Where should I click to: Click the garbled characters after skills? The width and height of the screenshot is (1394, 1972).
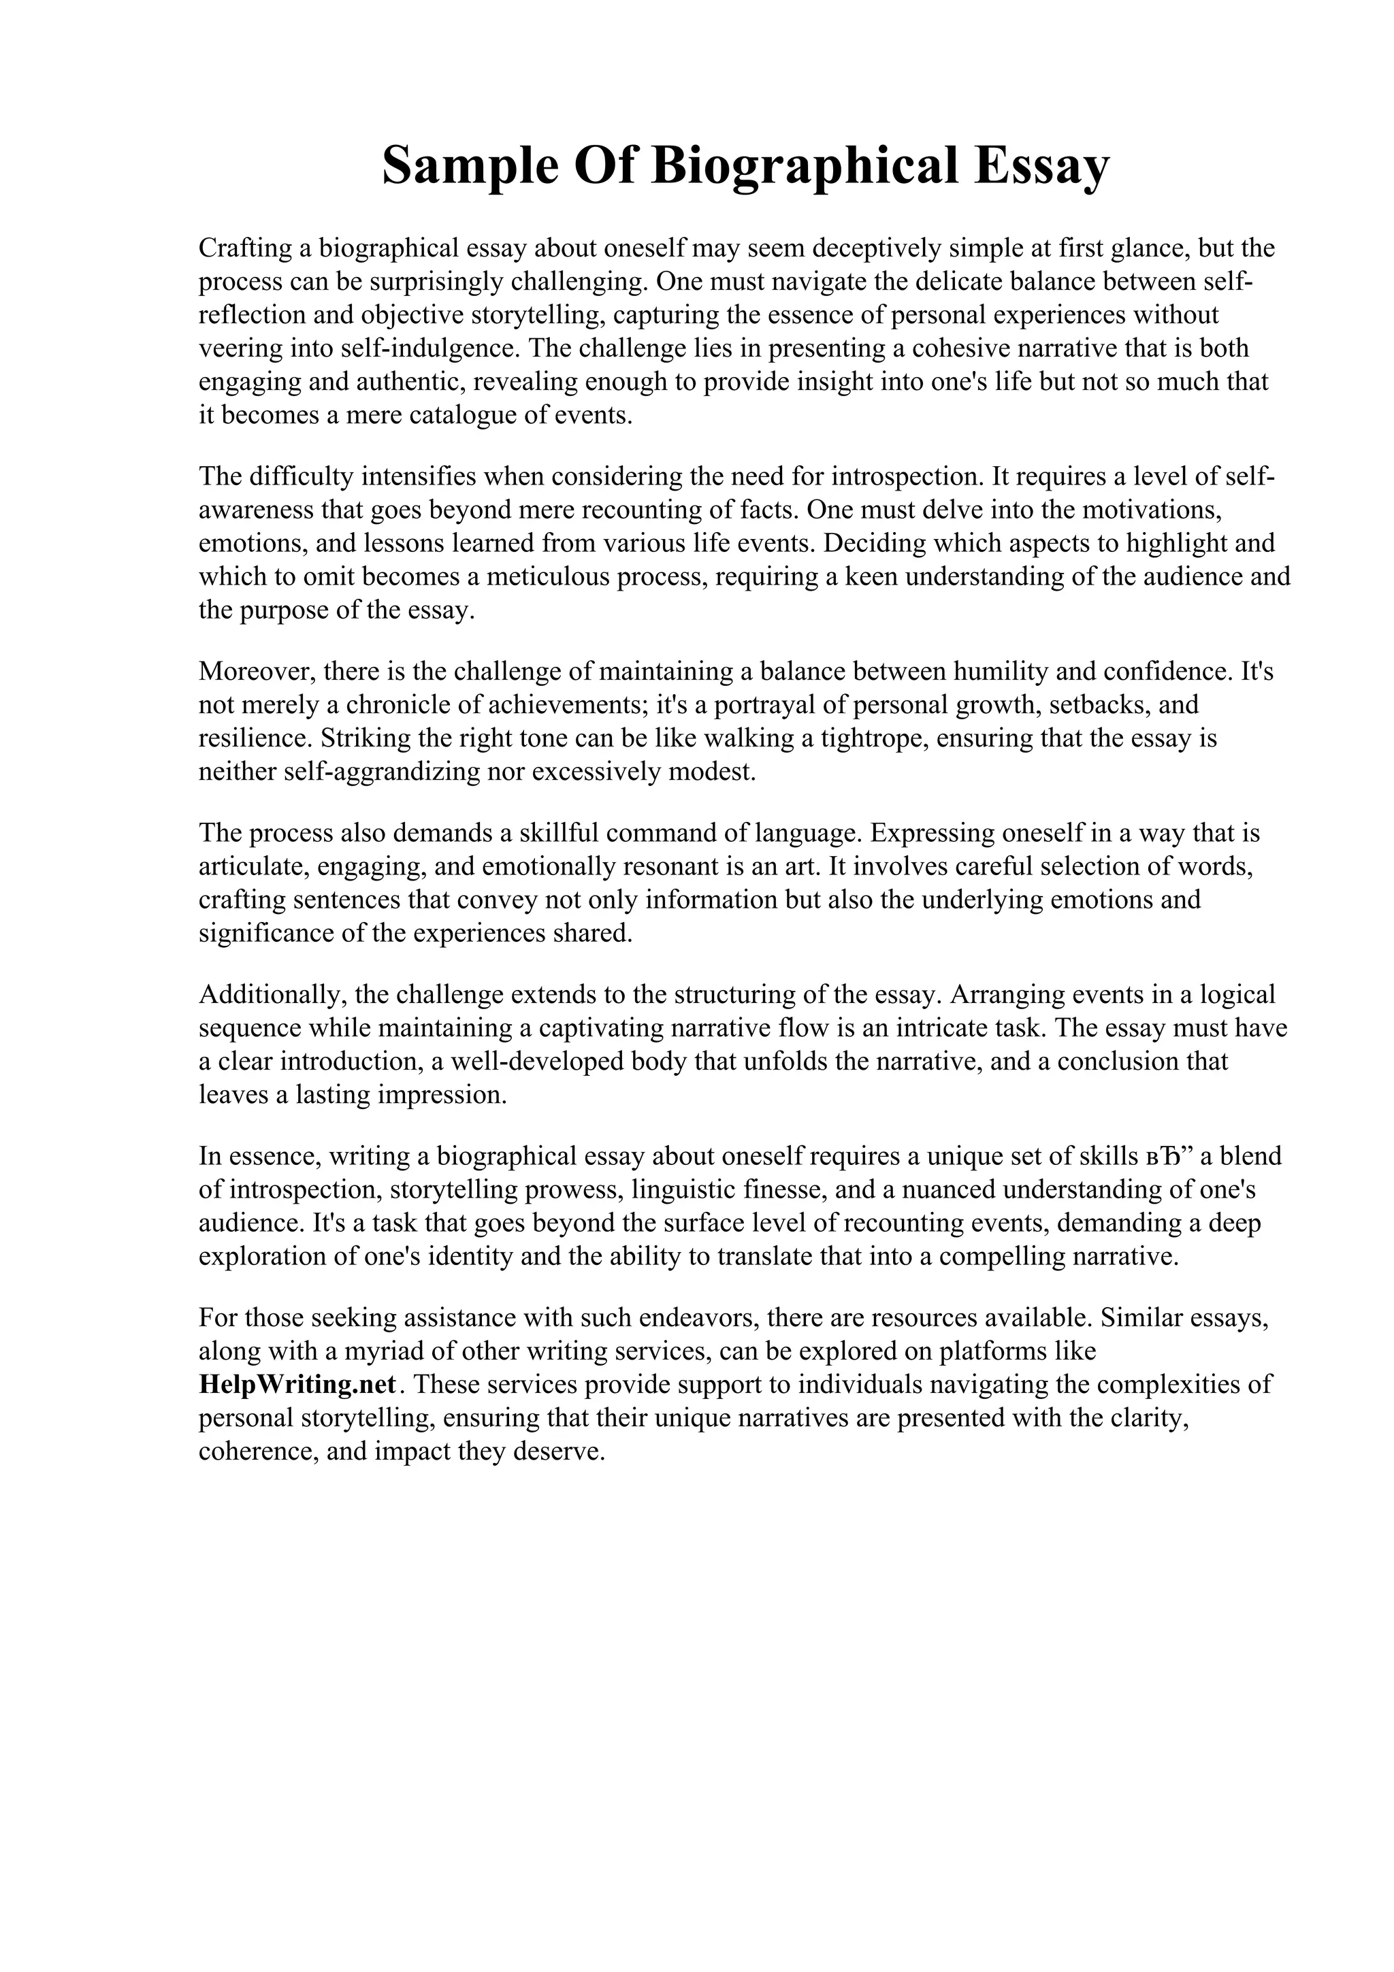click(x=1171, y=1156)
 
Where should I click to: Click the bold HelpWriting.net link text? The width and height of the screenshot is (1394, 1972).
click(x=297, y=1385)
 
